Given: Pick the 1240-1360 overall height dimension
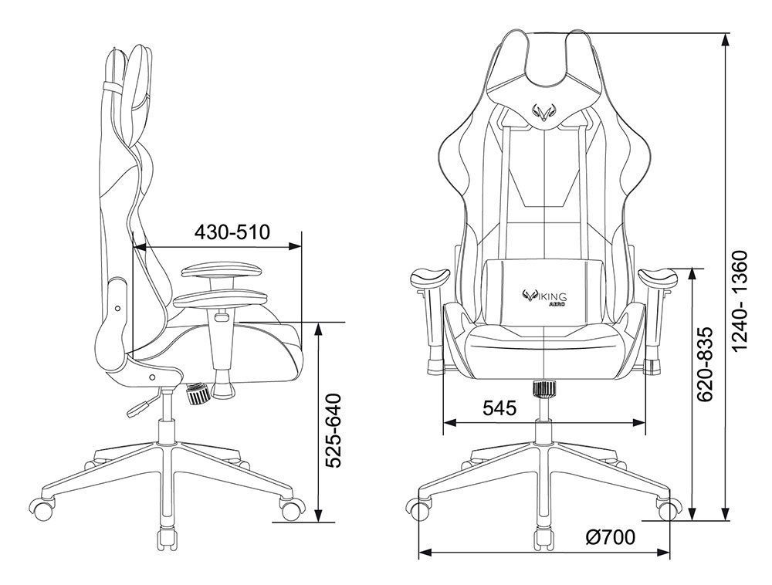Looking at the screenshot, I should pyautogui.click(x=740, y=301).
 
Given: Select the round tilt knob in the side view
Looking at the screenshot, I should pyautogui.click(x=198, y=396).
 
